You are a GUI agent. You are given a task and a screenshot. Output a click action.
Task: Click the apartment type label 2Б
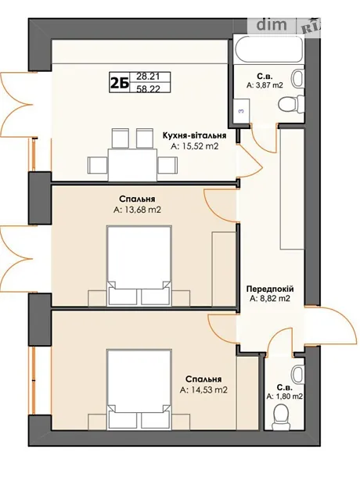pos(120,83)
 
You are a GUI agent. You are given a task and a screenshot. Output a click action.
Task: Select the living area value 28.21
pos(149,77)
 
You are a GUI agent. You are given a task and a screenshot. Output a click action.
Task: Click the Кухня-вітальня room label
pos(194,135)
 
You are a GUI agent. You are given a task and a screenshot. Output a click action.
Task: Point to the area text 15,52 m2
pos(194,145)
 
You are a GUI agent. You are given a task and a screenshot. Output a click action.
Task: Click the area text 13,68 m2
pos(137,210)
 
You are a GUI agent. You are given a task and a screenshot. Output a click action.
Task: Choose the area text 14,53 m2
pos(203,390)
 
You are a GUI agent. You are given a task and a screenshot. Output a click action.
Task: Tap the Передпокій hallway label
pos(270,289)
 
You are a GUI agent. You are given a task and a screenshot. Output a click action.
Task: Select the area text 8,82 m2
pos(270,299)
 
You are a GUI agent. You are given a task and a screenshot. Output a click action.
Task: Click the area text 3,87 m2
pos(265,85)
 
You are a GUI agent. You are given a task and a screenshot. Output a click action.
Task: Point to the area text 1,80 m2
pos(284,397)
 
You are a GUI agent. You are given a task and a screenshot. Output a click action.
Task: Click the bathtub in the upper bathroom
pos(268,48)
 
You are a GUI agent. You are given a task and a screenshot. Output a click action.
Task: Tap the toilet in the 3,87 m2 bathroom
pos(291,103)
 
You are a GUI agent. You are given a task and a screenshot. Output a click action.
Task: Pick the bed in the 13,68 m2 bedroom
pos(139,266)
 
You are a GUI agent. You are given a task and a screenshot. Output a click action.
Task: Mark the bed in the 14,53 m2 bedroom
pos(139,390)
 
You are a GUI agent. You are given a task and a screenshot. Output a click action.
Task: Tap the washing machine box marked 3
pos(242,111)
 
